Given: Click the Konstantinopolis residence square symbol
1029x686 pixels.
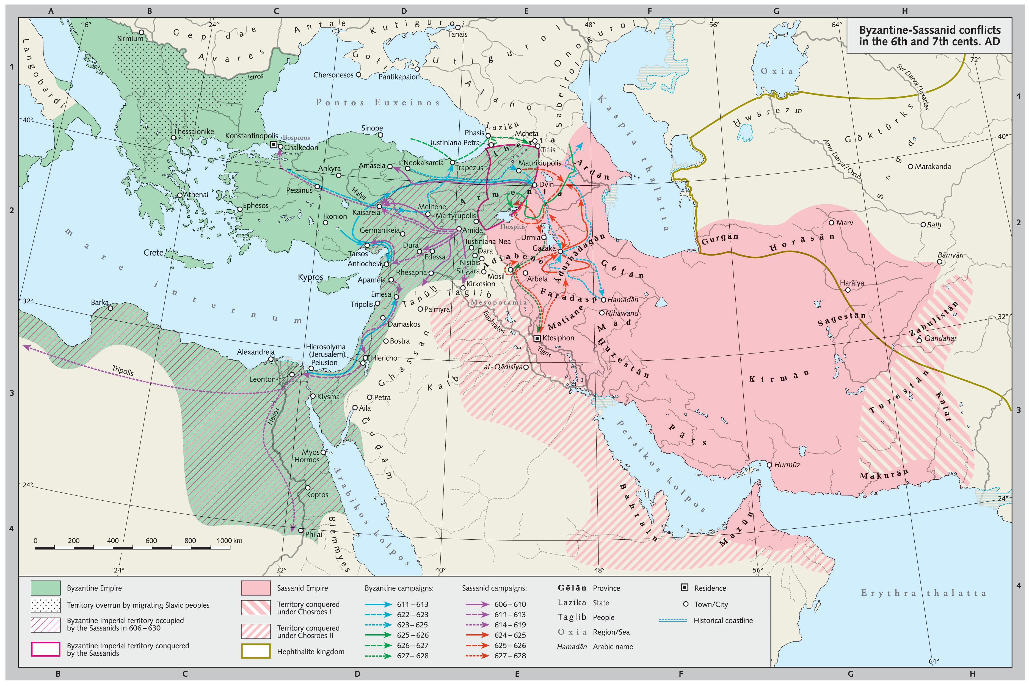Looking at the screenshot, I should tap(274, 144).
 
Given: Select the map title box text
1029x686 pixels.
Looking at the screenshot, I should tap(929, 35).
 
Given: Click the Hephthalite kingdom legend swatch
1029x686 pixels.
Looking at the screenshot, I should tap(255, 651).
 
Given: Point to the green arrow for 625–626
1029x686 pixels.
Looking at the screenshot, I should tap(379, 635).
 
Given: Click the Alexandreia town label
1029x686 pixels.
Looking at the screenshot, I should tap(255, 352).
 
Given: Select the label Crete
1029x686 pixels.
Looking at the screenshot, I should tap(153, 253).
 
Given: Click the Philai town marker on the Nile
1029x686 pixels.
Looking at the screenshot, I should tap(301, 530).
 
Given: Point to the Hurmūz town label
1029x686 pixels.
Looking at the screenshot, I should tap(787, 465).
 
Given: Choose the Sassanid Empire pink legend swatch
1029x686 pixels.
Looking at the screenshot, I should tap(255, 588).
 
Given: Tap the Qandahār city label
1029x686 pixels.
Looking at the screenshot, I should tap(940, 338).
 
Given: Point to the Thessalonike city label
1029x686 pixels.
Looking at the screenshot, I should tap(194, 131).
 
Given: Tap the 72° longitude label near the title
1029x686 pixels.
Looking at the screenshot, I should tap(975, 59).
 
